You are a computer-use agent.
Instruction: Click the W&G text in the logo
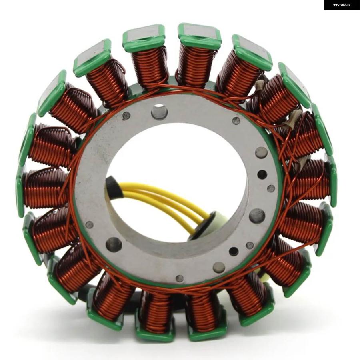point(345,5)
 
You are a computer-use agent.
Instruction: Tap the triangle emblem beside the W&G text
point(336,5)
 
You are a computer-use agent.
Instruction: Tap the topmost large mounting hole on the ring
point(159,111)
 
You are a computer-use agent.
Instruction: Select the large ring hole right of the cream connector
point(257,215)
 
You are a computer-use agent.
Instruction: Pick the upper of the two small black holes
point(262,174)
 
